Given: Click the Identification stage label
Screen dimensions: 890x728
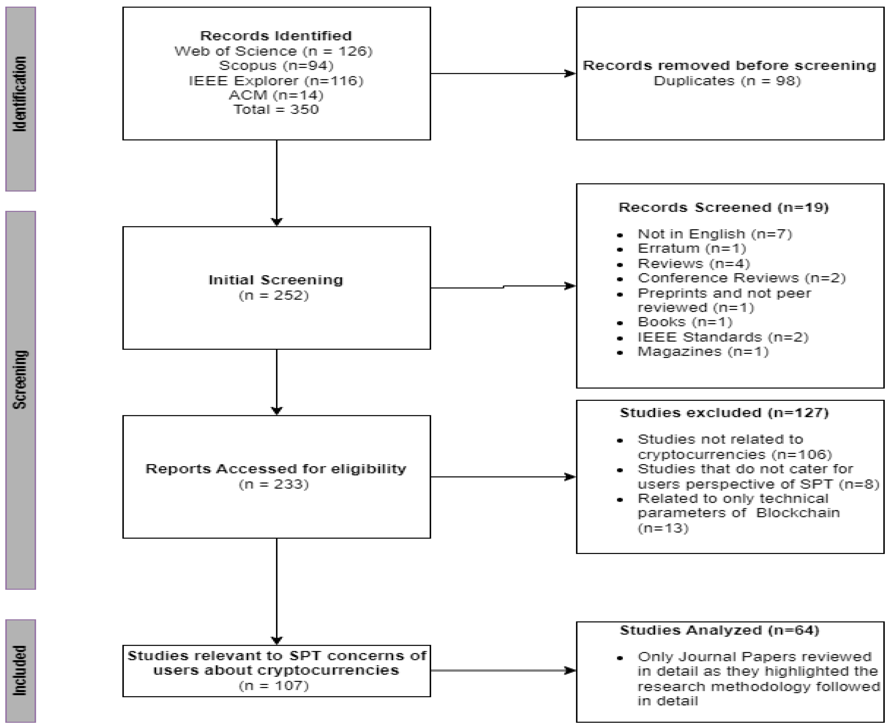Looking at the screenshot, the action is tap(20, 94).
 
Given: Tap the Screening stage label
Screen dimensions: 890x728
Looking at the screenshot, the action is tap(20, 379).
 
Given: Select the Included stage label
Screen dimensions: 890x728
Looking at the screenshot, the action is tap(20, 671).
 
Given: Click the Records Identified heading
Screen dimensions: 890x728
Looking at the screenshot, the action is tap(276, 36).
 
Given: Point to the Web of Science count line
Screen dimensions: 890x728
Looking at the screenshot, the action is tap(273, 51).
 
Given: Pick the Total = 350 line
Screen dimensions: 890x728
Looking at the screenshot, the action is tap(276, 109).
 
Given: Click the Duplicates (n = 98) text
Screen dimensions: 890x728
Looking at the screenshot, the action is tap(727, 81).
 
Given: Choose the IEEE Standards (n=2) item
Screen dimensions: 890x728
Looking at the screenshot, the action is tap(723, 337).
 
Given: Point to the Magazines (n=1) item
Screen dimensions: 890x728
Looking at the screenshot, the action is tap(703, 351).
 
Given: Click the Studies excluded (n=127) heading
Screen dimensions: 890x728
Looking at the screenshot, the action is tap(724, 413).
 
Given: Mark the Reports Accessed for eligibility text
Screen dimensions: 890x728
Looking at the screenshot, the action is tap(276, 469).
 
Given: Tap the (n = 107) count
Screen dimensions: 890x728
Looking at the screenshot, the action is tap(274, 686).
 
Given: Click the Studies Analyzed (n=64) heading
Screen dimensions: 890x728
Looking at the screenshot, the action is tap(720, 630).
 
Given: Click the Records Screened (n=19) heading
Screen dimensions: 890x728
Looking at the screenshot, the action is tap(724, 208).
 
